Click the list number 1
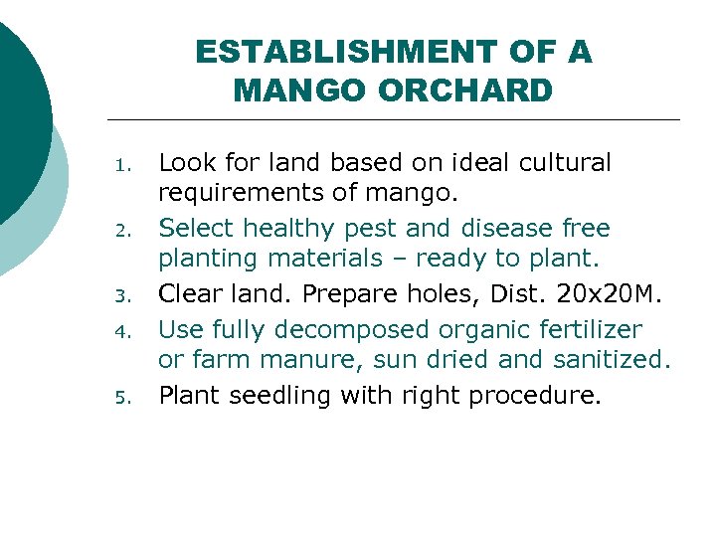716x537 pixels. click(x=120, y=165)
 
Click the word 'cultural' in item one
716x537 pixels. click(x=563, y=162)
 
